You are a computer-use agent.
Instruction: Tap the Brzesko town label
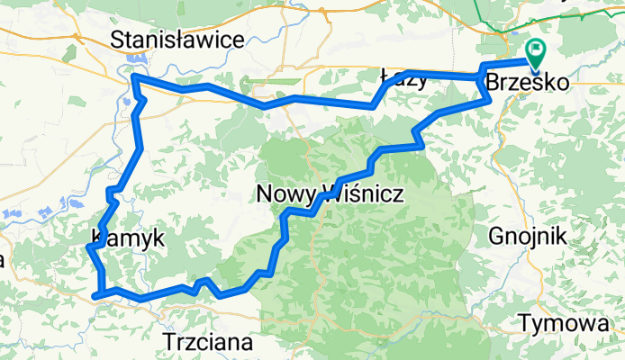pos(527,82)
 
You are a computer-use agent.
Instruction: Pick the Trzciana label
pos(209,341)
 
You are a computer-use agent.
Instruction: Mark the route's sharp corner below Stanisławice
pos(134,78)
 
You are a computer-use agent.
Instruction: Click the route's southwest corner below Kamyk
pos(95,293)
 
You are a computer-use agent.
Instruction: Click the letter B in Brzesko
pos(493,82)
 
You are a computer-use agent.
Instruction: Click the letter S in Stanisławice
pos(116,40)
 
